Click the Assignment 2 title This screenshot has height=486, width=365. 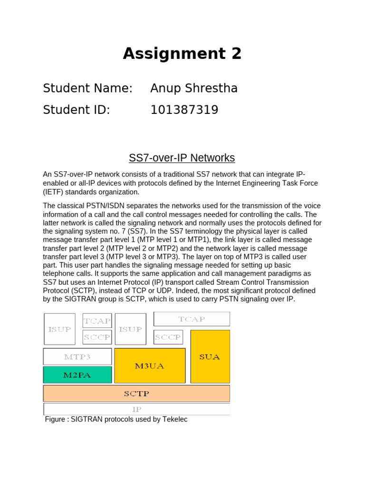pos(182,54)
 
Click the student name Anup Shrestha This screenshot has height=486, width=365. pos(194,88)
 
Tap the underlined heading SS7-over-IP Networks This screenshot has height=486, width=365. pos(182,158)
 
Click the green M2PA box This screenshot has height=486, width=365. pos(77,375)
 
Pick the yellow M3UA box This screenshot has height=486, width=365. pos(150,365)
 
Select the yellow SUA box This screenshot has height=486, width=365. pos(210,356)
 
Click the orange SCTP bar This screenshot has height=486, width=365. pos(136,393)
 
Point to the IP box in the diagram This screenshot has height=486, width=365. pos(136,409)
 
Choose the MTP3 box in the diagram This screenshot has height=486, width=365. pos(77,356)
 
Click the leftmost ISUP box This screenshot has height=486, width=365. pos(59,329)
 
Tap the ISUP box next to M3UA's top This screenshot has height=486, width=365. pos(130,329)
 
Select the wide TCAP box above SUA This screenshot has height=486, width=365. pos(192,319)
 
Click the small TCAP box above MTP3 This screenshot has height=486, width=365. pos(97,320)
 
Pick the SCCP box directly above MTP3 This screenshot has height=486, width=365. pos(97,337)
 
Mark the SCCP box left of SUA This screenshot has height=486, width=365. pos(168,337)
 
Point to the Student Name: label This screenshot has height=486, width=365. pos(87,88)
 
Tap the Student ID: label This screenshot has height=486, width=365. pos(76,110)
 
